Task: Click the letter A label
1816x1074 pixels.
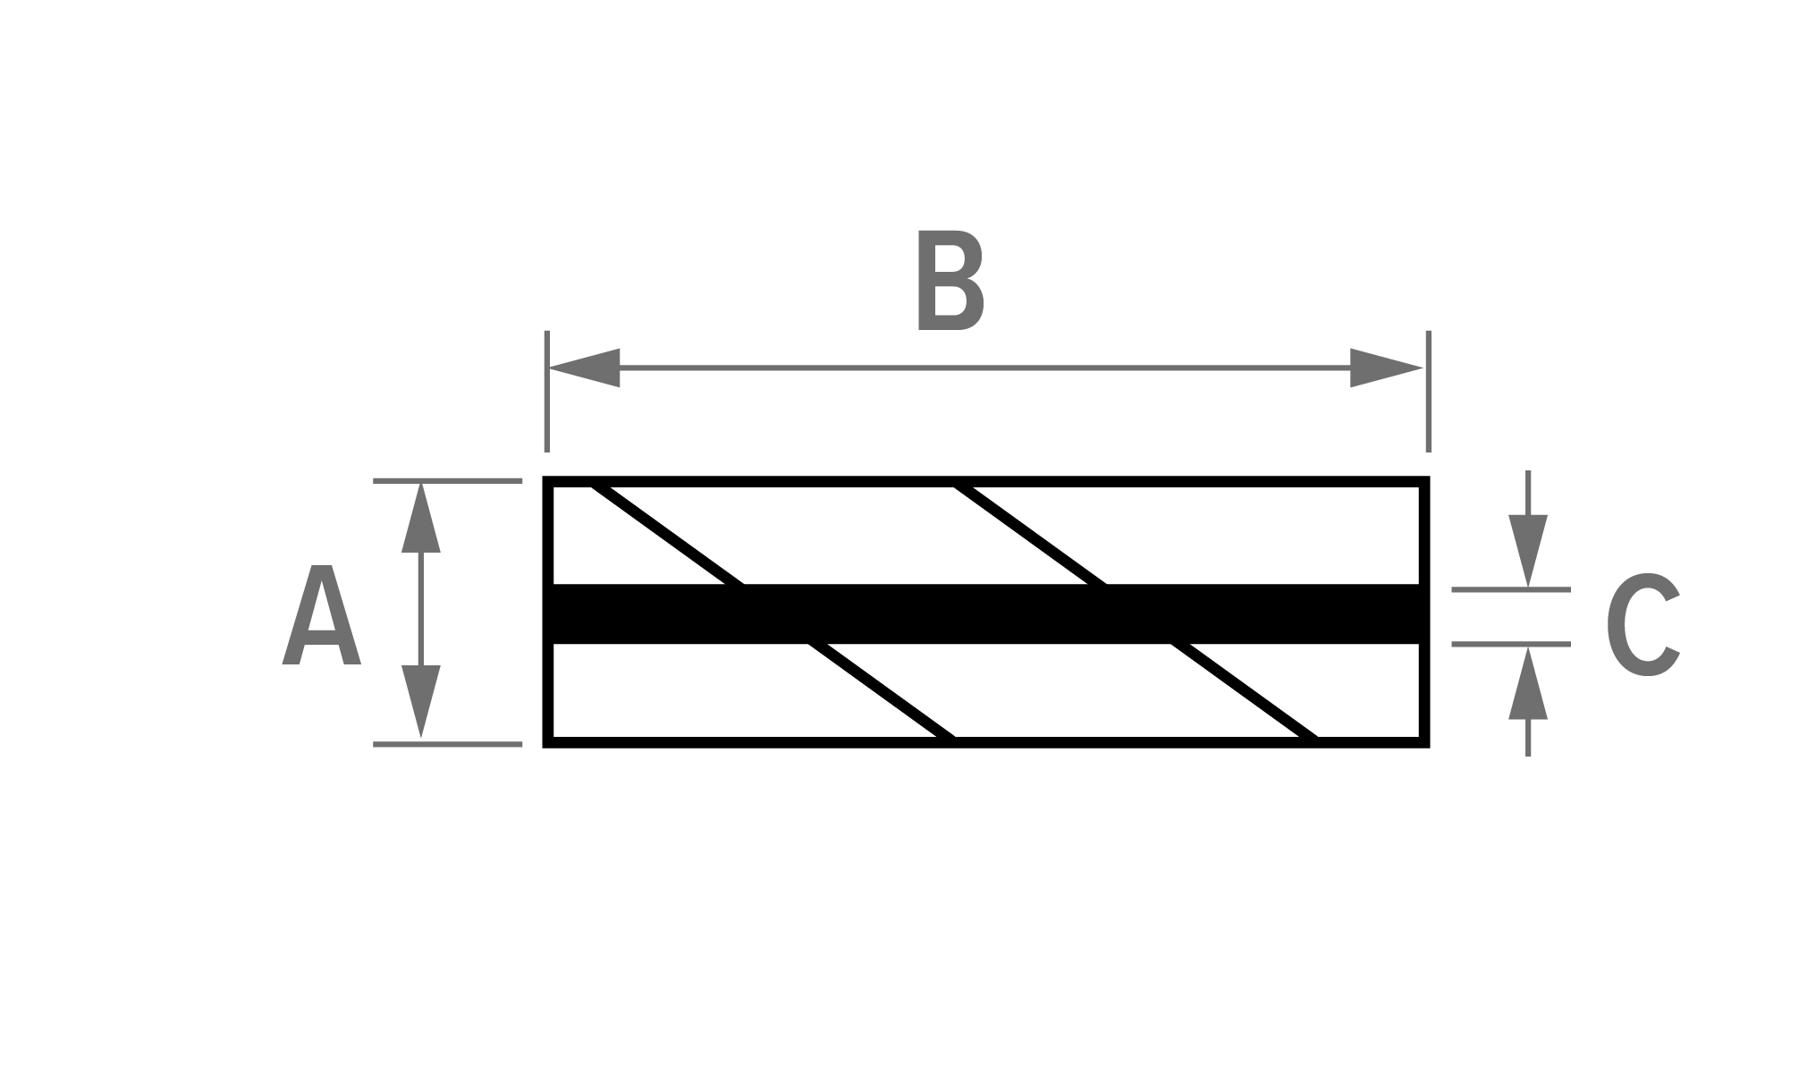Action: click(x=322, y=614)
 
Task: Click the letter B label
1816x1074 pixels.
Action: click(x=951, y=281)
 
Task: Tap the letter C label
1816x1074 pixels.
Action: click(x=1643, y=623)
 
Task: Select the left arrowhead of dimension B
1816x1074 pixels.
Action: click(x=584, y=368)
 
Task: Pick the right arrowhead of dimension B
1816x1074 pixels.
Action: click(x=1386, y=368)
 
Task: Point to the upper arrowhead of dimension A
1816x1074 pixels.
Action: click(x=421, y=517)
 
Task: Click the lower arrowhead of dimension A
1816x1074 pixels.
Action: click(x=421, y=702)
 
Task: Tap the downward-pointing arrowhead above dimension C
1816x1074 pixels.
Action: click(x=1528, y=551)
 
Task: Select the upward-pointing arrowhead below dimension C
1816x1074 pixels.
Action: click(x=1528, y=683)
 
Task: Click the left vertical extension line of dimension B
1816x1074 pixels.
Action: click(x=547, y=391)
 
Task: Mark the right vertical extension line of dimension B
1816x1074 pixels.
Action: click(x=1428, y=391)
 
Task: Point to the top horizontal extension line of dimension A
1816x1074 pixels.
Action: click(x=447, y=481)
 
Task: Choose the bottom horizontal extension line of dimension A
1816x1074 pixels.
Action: click(x=447, y=744)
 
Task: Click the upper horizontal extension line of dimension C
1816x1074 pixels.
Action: click(x=1511, y=589)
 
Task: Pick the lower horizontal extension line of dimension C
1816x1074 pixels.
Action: click(x=1511, y=644)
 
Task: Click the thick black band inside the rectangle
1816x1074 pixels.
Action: click(x=986, y=613)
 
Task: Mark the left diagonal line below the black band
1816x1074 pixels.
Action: click(x=883, y=690)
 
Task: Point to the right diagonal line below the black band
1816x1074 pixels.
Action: click(x=1245, y=690)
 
